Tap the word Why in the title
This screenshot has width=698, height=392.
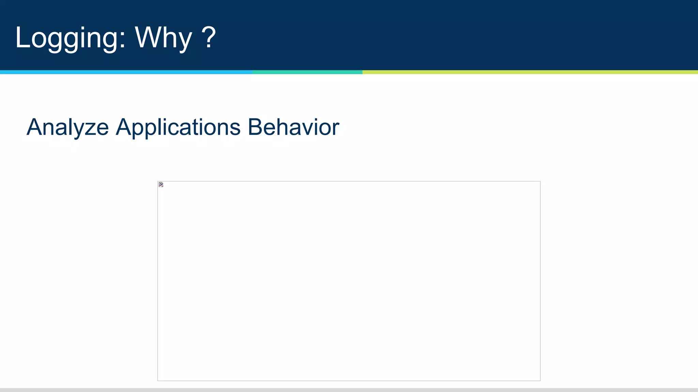(x=164, y=38)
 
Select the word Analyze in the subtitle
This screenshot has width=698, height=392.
(x=67, y=127)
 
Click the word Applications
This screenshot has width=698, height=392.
(x=178, y=127)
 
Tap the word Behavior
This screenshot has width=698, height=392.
(x=293, y=127)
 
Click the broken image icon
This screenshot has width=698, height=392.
(x=161, y=185)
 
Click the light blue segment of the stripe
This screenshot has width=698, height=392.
(x=126, y=72)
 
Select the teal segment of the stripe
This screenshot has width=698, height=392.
(x=307, y=72)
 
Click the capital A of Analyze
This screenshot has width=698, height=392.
(x=34, y=127)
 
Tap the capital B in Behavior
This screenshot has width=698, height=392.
(x=255, y=127)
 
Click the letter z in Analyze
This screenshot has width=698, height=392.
(x=90, y=129)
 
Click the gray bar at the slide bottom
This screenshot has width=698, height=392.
(x=349, y=390)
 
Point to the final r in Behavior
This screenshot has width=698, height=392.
(x=335, y=129)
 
